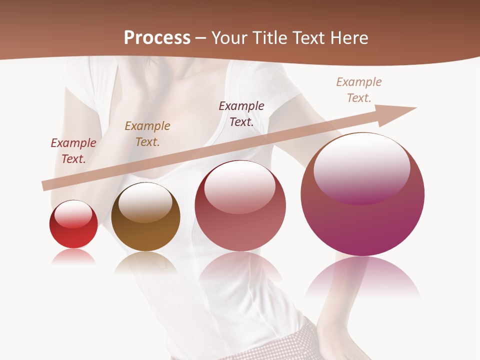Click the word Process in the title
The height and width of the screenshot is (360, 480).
(x=157, y=37)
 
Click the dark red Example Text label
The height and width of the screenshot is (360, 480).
(x=73, y=150)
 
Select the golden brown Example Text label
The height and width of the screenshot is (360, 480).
(x=147, y=133)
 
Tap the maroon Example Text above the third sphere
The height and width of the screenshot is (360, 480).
(x=241, y=113)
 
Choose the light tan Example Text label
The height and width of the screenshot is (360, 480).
(x=359, y=89)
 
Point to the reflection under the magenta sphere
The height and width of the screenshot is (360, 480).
(x=362, y=277)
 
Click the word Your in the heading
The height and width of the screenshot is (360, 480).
(x=231, y=37)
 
